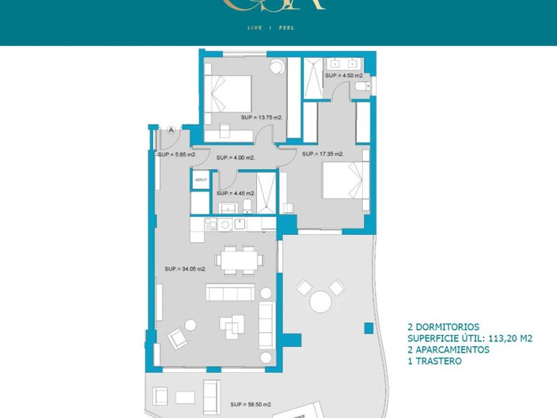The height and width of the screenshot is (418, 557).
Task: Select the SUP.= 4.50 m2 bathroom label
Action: pos(343,75)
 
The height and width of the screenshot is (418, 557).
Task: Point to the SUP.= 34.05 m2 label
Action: pos(186,269)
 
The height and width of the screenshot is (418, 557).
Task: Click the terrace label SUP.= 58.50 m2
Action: pos(251,404)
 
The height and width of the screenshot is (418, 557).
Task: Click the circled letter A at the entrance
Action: pos(171,130)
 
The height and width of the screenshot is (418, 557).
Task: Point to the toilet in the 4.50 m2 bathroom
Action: pos(362,88)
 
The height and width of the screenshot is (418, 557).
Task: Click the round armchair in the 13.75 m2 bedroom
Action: pos(277,67)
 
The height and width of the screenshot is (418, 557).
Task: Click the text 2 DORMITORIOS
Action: pos(443,327)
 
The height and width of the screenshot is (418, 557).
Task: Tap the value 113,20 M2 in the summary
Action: pos(508,338)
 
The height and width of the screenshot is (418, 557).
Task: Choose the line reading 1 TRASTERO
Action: pos(434,361)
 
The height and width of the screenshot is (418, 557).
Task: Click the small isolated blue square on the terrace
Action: pos(368,329)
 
